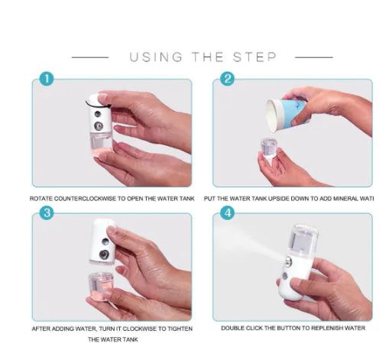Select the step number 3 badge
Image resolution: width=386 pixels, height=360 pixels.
47,213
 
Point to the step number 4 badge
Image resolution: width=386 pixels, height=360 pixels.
227,213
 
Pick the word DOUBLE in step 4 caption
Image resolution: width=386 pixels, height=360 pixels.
235,329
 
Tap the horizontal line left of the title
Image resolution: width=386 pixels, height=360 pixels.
89,57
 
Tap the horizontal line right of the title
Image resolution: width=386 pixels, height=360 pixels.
313,57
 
